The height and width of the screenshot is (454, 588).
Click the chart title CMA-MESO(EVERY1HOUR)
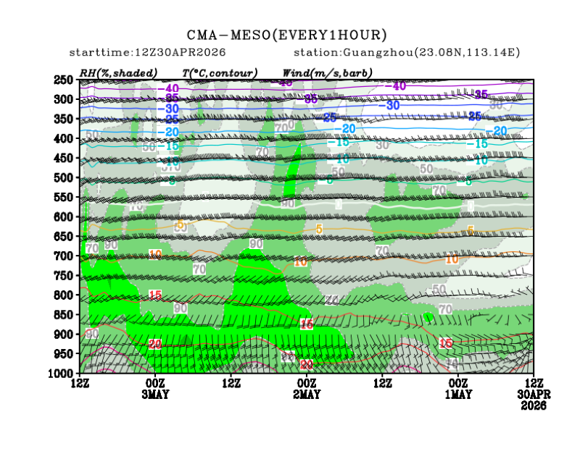287,35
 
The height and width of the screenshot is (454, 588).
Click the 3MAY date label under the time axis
155,394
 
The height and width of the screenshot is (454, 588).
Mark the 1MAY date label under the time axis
457,394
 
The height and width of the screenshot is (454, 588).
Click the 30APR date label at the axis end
533,394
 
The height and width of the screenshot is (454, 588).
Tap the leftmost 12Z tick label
80,382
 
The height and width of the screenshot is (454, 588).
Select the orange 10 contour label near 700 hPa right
452,259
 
